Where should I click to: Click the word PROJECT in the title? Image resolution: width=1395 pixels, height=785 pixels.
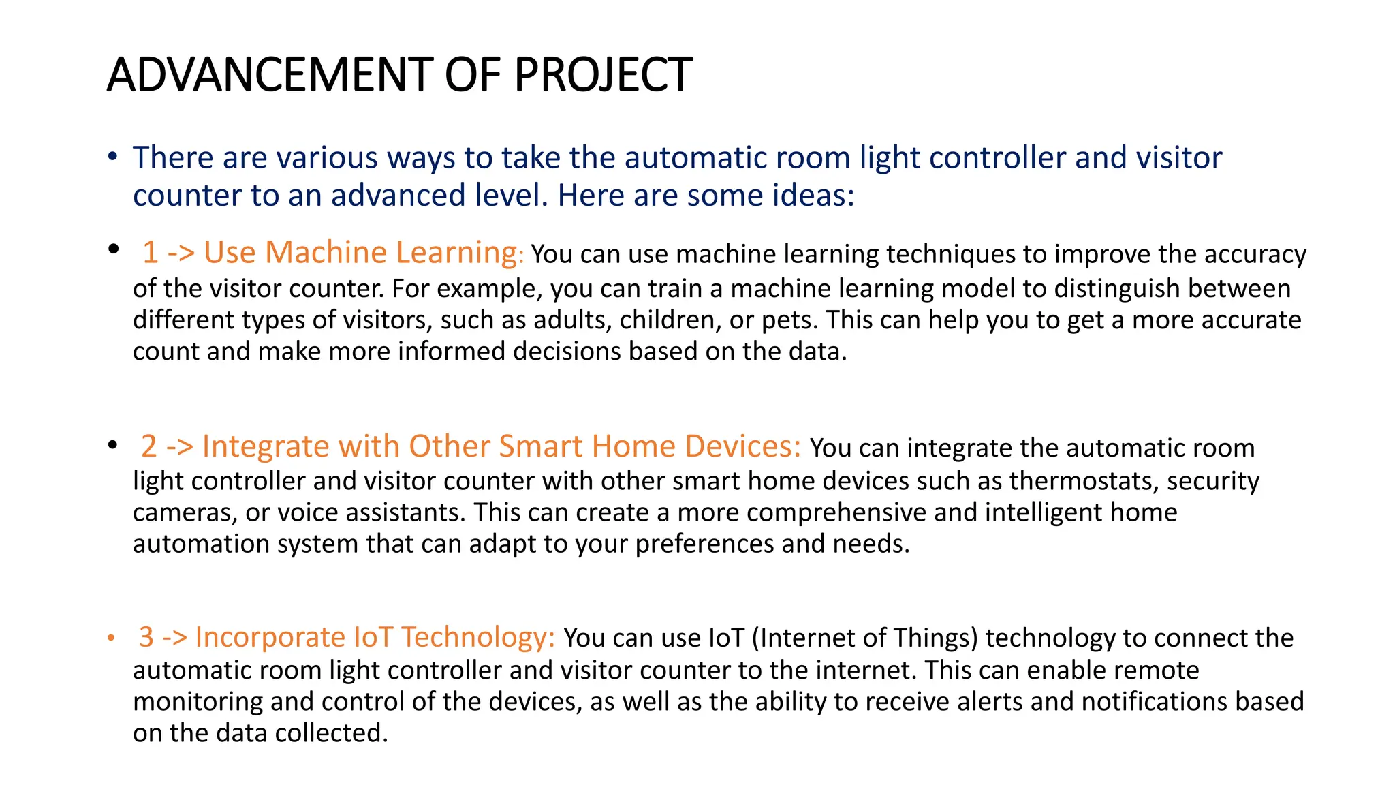(x=603, y=74)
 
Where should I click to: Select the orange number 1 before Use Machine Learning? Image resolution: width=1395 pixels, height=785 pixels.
(x=151, y=253)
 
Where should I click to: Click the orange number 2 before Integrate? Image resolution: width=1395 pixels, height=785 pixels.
(x=149, y=446)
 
